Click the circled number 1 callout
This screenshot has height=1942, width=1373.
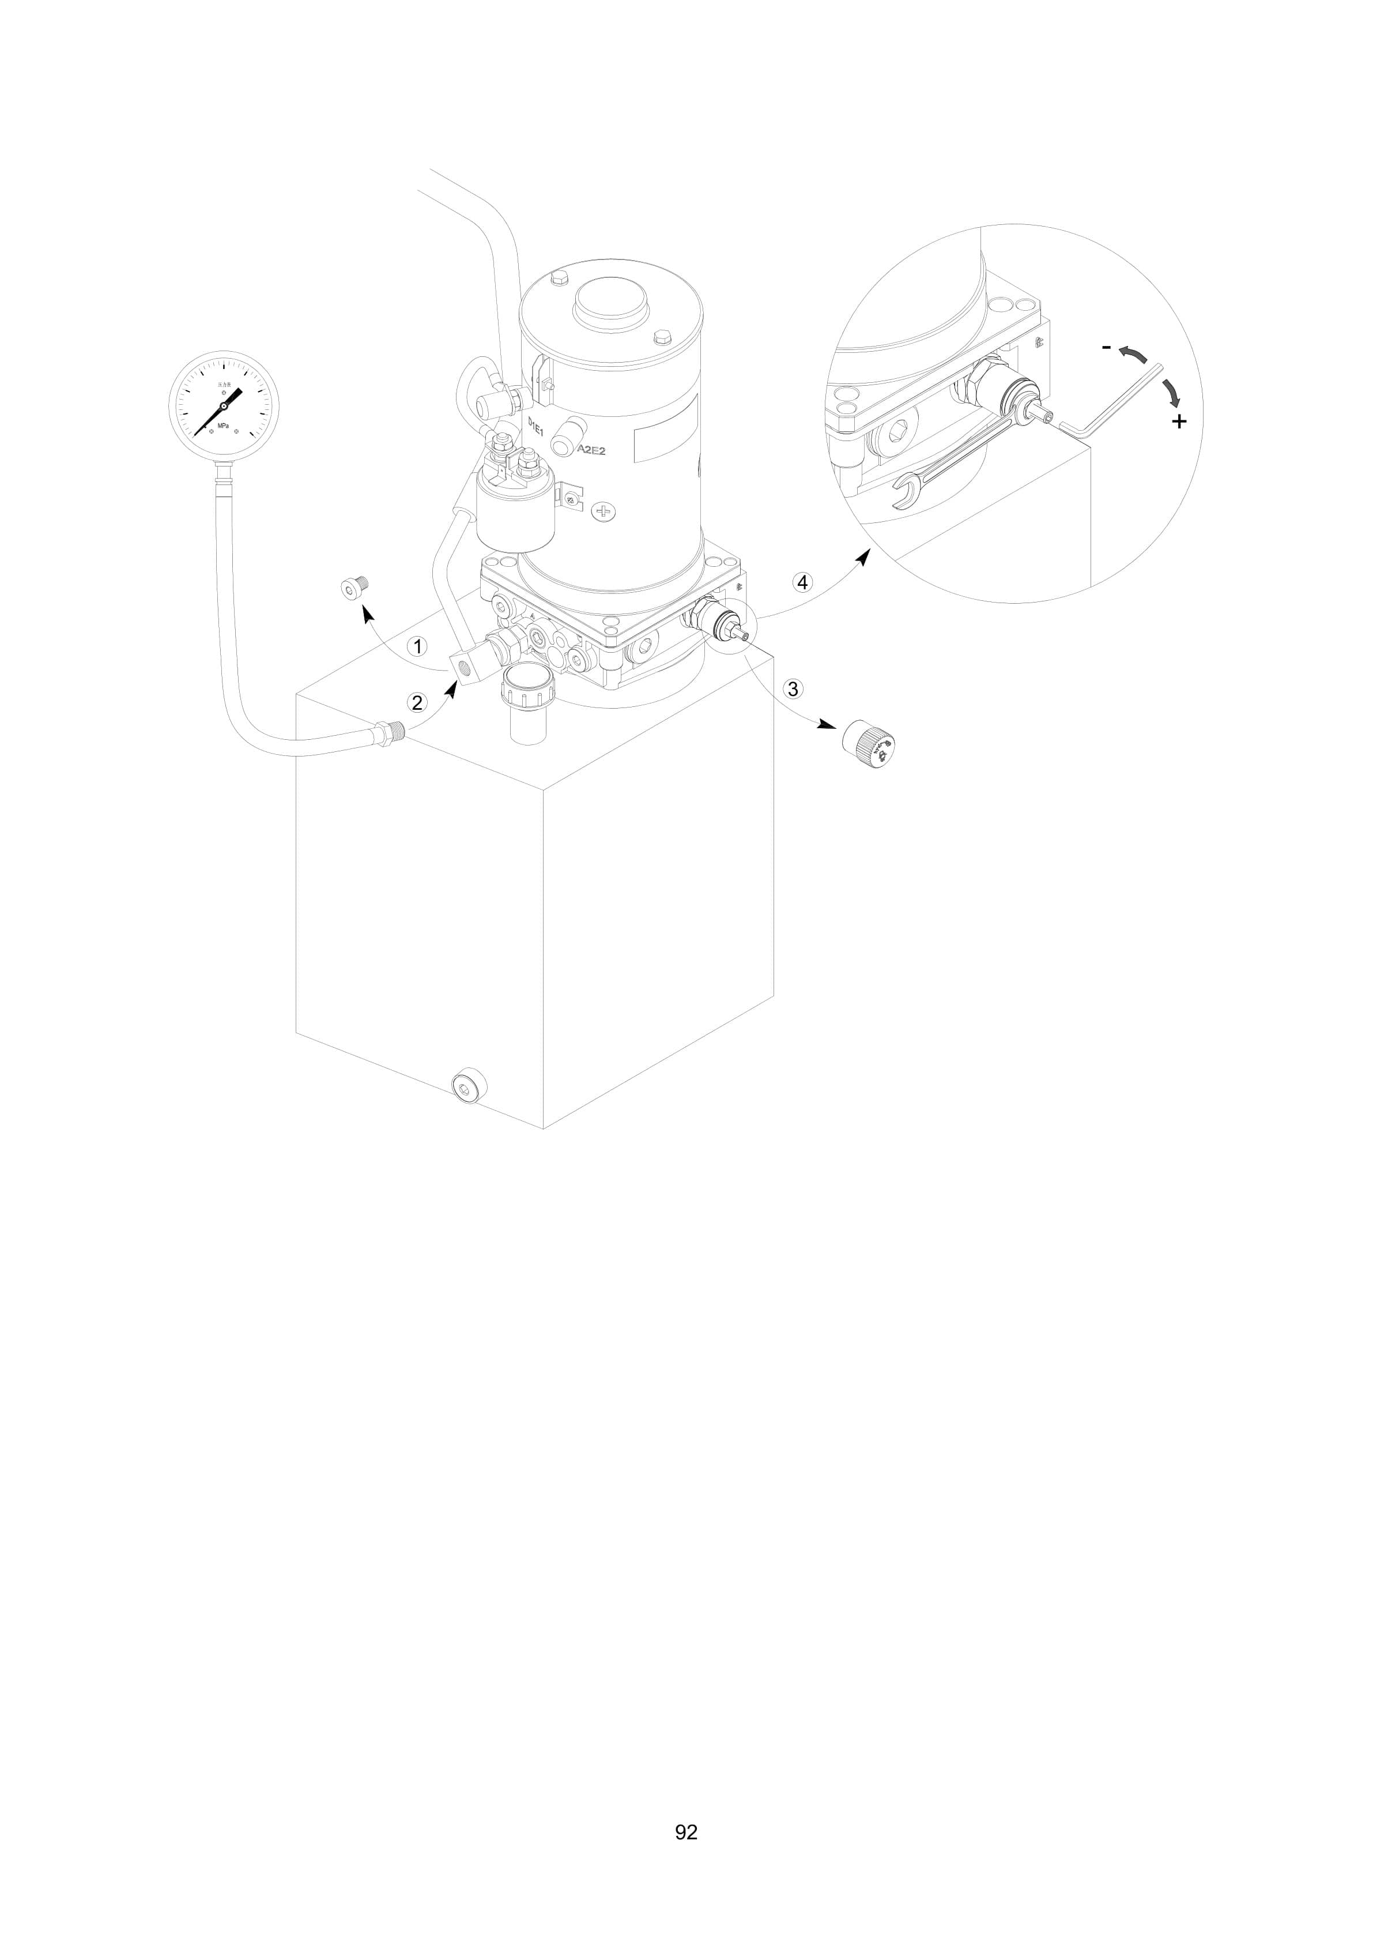pyautogui.click(x=417, y=646)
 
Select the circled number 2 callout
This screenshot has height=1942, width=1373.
pyautogui.click(x=417, y=702)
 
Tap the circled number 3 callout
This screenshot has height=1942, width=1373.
pyautogui.click(x=792, y=688)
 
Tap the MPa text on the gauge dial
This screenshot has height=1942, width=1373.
pyautogui.click(x=223, y=426)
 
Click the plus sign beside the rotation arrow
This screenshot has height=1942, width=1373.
pyautogui.click(x=1179, y=421)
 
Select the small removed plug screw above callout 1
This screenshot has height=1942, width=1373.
pyautogui.click(x=353, y=587)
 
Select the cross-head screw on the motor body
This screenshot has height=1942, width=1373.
pyautogui.click(x=605, y=511)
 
